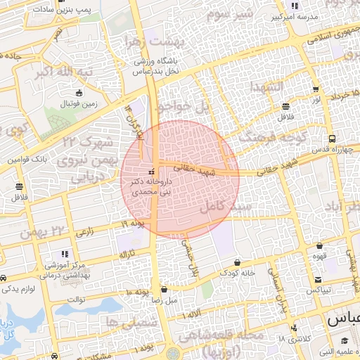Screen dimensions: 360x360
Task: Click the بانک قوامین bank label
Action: pyautogui.click(x=27, y=160)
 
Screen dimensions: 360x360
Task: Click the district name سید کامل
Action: pyautogui.click(x=225, y=207)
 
